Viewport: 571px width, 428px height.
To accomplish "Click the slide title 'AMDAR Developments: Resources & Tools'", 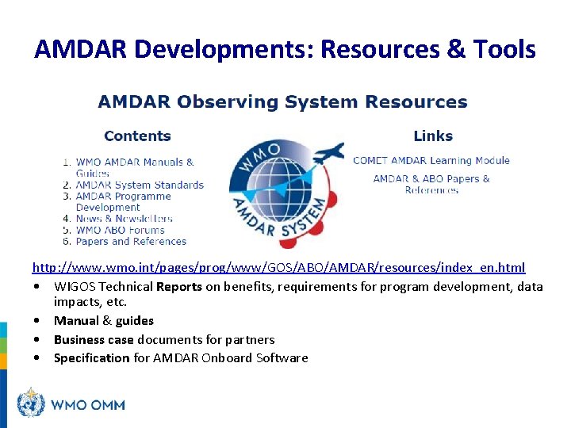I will pyautogui.click(x=285, y=49).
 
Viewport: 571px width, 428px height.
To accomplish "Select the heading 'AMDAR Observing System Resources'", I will pyautogui.click(x=282, y=102).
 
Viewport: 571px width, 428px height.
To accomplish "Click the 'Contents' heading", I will pyautogui.click(x=137, y=136).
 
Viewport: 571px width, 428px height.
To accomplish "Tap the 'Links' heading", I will pyautogui.click(x=432, y=136).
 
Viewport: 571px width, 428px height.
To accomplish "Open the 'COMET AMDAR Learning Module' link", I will pyautogui.click(x=431, y=160).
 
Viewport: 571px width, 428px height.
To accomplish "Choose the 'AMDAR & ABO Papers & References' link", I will pyautogui.click(x=431, y=184).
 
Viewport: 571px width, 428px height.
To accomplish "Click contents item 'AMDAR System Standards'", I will pyautogui.click(x=140, y=185).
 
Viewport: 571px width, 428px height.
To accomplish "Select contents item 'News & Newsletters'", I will pyautogui.click(x=124, y=219).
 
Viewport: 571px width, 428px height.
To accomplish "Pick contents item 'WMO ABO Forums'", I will pyautogui.click(x=120, y=230).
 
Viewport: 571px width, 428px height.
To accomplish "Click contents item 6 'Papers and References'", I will pyautogui.click(x=131, y=241).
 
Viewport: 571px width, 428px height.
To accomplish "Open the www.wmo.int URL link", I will pyautogui.click(x=278, y=268).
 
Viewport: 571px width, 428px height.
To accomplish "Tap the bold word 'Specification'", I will pyautogui.click(x=91, y=357).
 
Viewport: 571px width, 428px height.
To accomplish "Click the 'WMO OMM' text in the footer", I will pyautogui.click(x=88, y=405).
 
